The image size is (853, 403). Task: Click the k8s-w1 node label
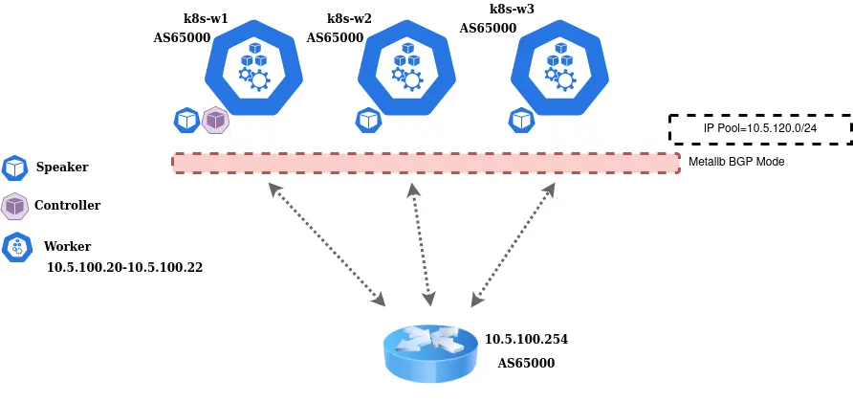pyautogui.click(x=206, y=18)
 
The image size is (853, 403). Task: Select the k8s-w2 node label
pyautogui.click(x=349, y=18)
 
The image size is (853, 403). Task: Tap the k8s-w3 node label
pyautogui.click(x=512, y=9)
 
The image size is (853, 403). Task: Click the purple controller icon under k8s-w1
pyautogui.click(x=215, y=121)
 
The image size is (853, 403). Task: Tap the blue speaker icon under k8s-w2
pyautogui.click(x=368, y=121)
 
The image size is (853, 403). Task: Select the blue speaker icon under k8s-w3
pyautogui.click(x=521, y=121)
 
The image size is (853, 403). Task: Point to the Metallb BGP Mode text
pyautogui.click(x=736, y=162)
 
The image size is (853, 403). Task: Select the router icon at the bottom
pyautogui.click(x=429, y=352)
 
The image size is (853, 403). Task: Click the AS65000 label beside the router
pyautogui.click(x=526, y=364)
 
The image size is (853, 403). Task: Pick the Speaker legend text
pyautogui.click(x=62, y=168)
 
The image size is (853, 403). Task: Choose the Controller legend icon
pyautogui.click(x=14, y=206)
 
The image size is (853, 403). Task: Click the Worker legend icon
pyautogui.click(x=16, y=247)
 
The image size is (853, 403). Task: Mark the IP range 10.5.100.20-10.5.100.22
pyautogui.click(x=124, y=267)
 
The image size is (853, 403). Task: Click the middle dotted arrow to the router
pyautogui.click(x=422, y=242)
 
